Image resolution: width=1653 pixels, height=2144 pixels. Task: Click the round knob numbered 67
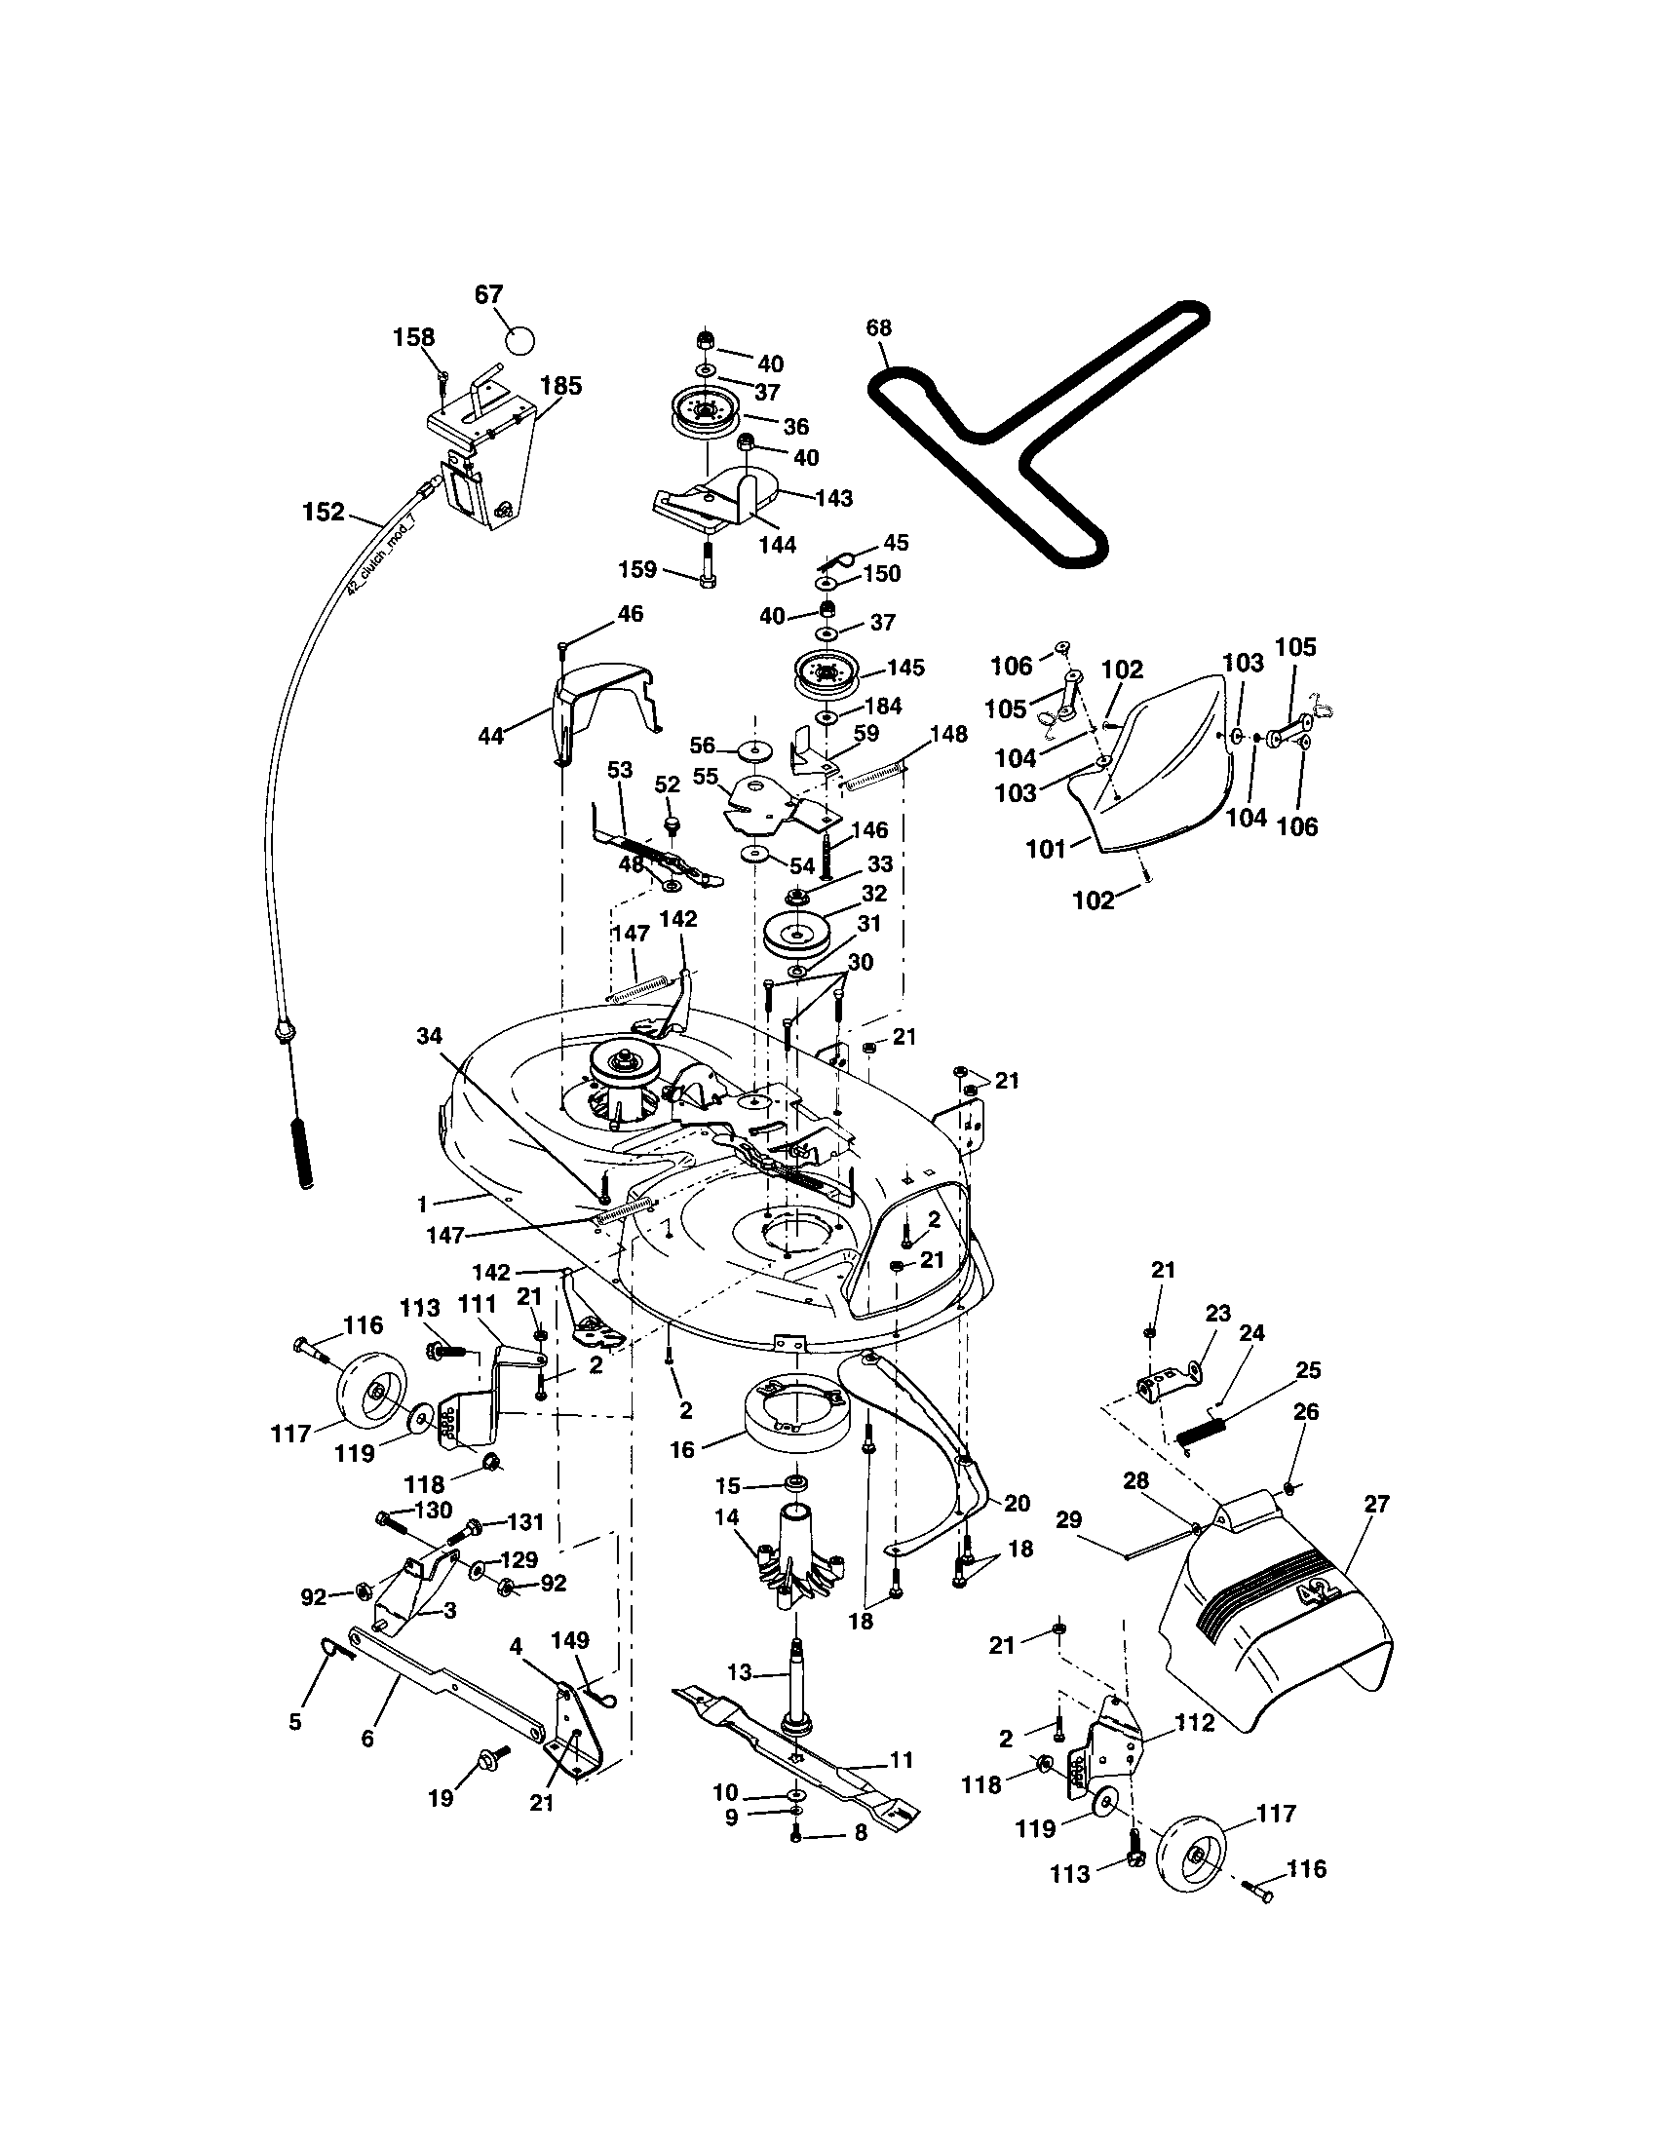click(x=520, y=341)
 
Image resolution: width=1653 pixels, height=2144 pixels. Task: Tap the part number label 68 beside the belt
click(x=878, y=327)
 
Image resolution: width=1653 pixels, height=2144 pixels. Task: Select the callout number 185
click(x=560, y=386)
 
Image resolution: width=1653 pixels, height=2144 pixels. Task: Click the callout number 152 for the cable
click(x=324, y=512)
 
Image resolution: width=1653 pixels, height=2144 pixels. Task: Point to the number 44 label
click(x=490, y=735)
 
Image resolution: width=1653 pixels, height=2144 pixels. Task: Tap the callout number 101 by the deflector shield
click(x=1046, y=848)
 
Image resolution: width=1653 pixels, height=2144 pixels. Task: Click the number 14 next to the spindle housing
click(x=726, y=1516)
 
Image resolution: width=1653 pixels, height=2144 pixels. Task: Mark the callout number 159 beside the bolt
click(x=636, y=568)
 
